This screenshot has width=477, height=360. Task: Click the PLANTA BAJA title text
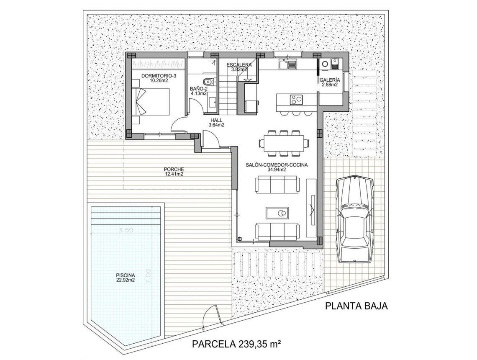[356, 306]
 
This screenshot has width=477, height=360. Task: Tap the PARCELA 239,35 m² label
[236, 344]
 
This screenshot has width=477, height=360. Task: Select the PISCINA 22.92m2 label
[126, 278]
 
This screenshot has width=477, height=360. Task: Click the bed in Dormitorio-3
[151, 101]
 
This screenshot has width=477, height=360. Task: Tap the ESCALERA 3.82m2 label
[239, 67]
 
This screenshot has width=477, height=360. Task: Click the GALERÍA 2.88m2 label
[330, 82]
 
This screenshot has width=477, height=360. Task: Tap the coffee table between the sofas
[277, 213]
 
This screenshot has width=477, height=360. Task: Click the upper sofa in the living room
[277, 184]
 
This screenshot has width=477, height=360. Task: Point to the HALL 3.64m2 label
[217, 122]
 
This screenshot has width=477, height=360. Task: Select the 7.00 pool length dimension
[148, 277]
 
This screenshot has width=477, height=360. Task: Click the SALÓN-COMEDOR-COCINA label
[277, 167]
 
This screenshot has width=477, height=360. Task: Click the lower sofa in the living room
[277, 231]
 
